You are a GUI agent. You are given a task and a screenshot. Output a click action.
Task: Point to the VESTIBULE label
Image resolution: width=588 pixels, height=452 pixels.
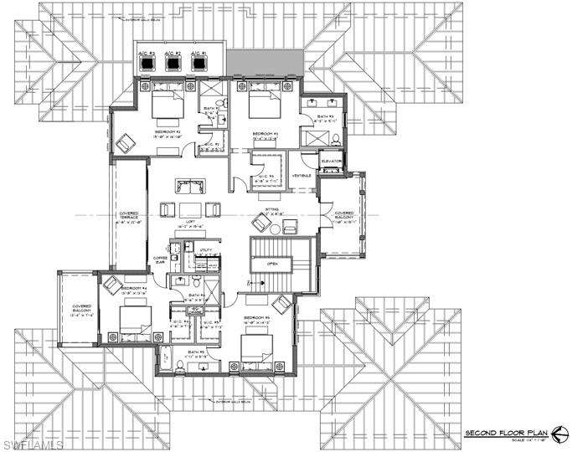coord(302,176)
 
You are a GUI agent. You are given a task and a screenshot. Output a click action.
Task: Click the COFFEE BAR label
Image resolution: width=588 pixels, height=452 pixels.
coord(160,260)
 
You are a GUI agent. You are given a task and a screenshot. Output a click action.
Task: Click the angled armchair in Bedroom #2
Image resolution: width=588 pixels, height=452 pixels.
coord(126,145)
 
